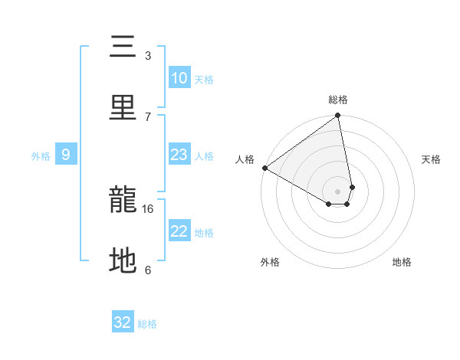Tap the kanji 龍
point(123,201)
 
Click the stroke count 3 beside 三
point(147,55)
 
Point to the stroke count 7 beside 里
point(147,116)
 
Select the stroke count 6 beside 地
point(147,270)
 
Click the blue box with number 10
point(179,78)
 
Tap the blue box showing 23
point(179,155)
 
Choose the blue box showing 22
point(179,231)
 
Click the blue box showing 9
point(66,155)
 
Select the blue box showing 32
point(123,322)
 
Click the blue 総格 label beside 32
point(147,324)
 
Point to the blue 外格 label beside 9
point(41,155)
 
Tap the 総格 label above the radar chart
point(337,100)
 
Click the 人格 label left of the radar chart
point(245,159)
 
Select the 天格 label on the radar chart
point(431,159)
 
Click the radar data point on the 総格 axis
point(337,116)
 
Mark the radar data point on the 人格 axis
point(264,168)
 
